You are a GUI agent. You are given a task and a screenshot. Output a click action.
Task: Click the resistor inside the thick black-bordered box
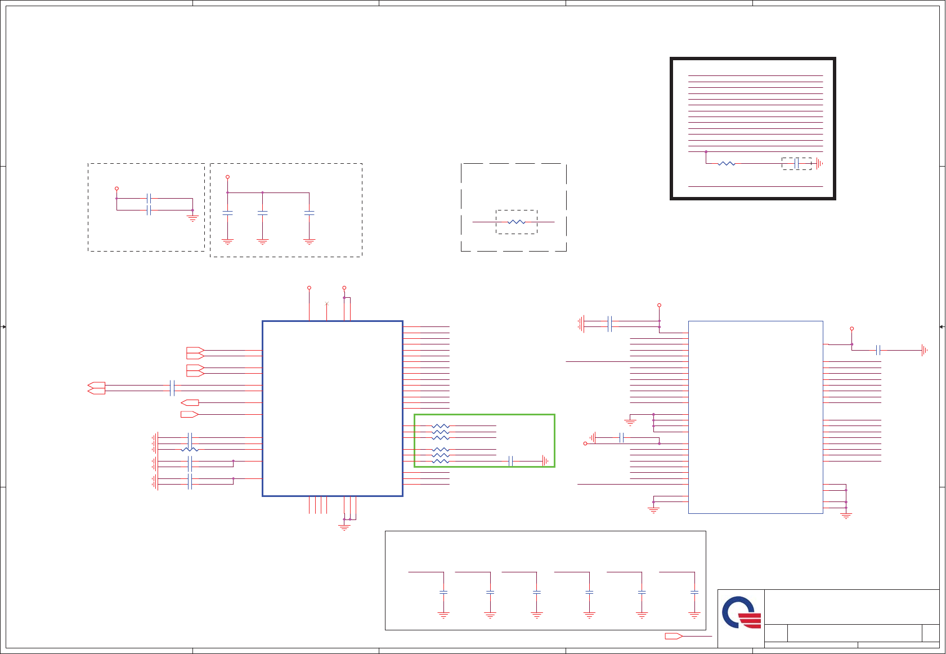pos(727,164)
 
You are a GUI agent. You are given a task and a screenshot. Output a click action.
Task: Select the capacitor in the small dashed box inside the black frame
pos(796,164)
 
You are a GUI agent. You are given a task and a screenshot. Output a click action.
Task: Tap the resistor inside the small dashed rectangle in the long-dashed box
pos(516,222)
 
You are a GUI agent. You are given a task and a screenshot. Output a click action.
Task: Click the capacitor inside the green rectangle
pos(510,461)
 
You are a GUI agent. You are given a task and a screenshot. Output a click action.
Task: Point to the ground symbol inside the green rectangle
pos(545,461)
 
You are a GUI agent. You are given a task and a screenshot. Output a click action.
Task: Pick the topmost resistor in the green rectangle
pos(441,426)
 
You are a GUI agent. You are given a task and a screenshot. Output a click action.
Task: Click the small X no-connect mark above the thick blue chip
pos(326,304)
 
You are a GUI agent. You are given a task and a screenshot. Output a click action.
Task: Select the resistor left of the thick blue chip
pos(190,449)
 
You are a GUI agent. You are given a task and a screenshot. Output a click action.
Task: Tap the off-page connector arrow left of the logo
pos(673,636)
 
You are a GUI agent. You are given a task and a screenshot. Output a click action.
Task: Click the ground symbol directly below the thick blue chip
pos(344,527)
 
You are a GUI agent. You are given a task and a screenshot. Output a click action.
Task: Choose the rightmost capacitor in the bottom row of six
pos(694,592)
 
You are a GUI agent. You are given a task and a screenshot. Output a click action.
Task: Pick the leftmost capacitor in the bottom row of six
pos(443,592)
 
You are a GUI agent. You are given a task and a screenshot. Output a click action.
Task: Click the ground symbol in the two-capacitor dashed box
pos(192,217)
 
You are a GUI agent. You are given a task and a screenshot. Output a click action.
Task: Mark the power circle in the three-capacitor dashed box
pos(227,177)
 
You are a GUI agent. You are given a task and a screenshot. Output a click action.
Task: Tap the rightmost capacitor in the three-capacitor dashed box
pos(309,213)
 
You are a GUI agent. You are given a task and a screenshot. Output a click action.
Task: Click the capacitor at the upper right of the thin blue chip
pos(878,350)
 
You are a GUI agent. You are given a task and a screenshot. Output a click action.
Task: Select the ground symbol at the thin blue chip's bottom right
pos(846,515)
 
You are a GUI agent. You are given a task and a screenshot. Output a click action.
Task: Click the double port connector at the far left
pos(96,388)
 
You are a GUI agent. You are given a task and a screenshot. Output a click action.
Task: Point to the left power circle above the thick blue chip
pos(309,288)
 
